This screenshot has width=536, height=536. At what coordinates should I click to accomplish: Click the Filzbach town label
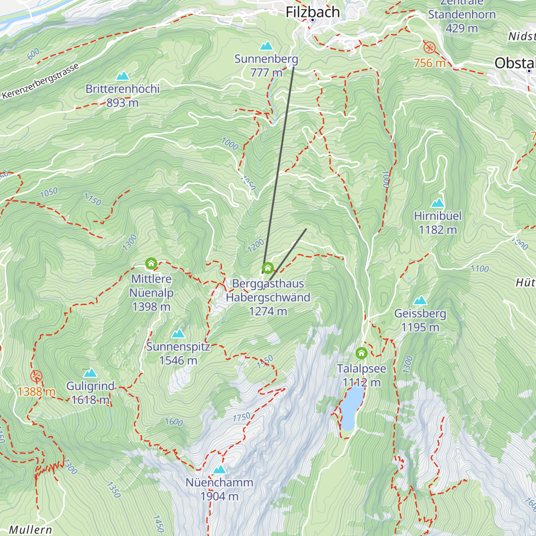(313, 12)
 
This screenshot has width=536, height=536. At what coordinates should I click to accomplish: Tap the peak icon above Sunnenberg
(267, 46)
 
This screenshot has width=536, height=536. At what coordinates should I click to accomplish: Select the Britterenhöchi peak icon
(122, 76)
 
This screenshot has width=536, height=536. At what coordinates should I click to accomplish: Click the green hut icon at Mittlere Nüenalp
(151, 264)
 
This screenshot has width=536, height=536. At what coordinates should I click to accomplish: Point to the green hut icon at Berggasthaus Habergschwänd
(268, 268)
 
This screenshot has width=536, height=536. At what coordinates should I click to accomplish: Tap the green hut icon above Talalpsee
(361, 353)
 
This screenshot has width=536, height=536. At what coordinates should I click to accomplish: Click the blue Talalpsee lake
(352, 406)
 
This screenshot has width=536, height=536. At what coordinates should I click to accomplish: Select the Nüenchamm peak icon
(219, 469)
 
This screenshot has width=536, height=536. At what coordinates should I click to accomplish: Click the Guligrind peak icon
(91, 373)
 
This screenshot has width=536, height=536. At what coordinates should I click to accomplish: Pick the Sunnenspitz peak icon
(178, 334)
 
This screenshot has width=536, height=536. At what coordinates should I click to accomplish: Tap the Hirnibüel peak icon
(438, 203)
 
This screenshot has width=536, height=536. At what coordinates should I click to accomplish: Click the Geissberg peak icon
(420, 301)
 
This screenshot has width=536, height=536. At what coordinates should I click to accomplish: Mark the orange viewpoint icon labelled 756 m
(430, 47)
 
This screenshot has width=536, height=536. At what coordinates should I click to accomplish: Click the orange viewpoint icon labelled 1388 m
(37, 376)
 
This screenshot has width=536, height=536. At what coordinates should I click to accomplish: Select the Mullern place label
(30, 530)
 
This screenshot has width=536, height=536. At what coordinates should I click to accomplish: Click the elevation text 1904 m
(219, 496)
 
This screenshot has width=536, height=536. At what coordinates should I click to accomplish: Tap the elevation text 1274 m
(268, 311)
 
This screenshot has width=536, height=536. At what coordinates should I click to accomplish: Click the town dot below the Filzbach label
(313, 21)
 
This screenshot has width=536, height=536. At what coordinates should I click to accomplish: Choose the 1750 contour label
(242, 417)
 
